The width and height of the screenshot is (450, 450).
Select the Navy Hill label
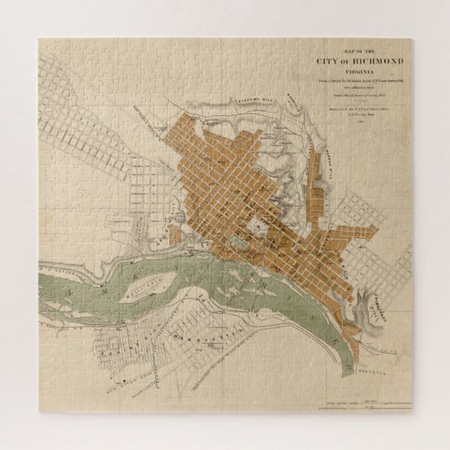point(298,111)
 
